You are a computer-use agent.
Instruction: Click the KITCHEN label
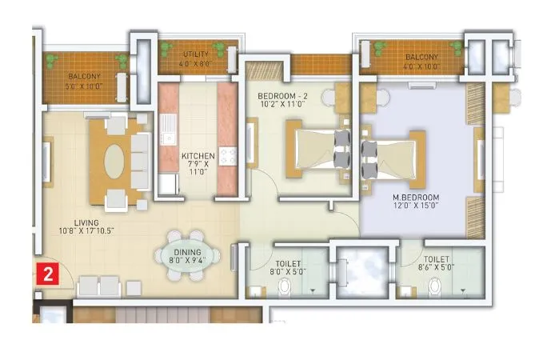point(195,156)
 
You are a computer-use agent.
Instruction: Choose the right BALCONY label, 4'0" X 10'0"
point(421,58)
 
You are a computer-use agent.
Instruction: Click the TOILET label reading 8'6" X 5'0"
point(437,260)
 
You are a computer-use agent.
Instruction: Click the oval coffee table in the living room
point(117,158)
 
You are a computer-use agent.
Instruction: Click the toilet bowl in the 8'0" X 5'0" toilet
point(255,289)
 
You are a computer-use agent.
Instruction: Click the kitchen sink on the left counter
point(168,125)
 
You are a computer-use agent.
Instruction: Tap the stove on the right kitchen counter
point(228,154)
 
